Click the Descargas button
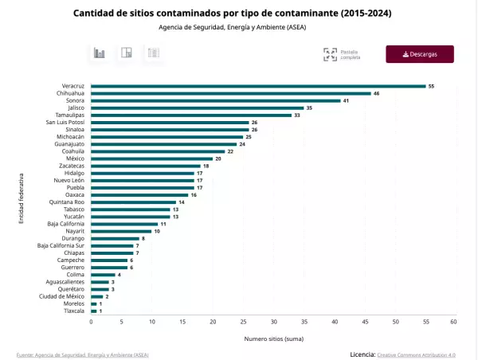[420, 54]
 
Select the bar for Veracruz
[258, 86]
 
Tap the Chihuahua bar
[231, 93]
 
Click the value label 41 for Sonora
[346, 101]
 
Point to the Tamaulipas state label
[69, 115]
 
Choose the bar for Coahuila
[158, 151]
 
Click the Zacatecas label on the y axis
[72, 166]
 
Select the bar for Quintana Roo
[133, 202]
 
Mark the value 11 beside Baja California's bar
[163, 224]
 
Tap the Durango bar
[115, 238]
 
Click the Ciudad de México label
[62, 296]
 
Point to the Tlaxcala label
[73, 311]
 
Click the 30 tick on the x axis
[273, 322]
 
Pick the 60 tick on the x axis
[453, 322]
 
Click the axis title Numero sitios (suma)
[272, 338]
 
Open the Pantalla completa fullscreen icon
[330, 55]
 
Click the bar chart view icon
[100, 53]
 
